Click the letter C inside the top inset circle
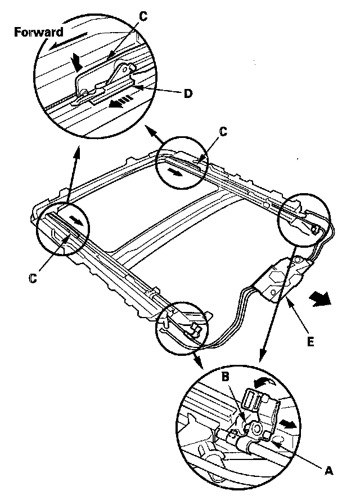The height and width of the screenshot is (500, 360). pos(143,17)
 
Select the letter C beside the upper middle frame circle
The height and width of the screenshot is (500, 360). pos(223,132)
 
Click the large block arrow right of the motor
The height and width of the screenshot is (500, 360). pos(321,300)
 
